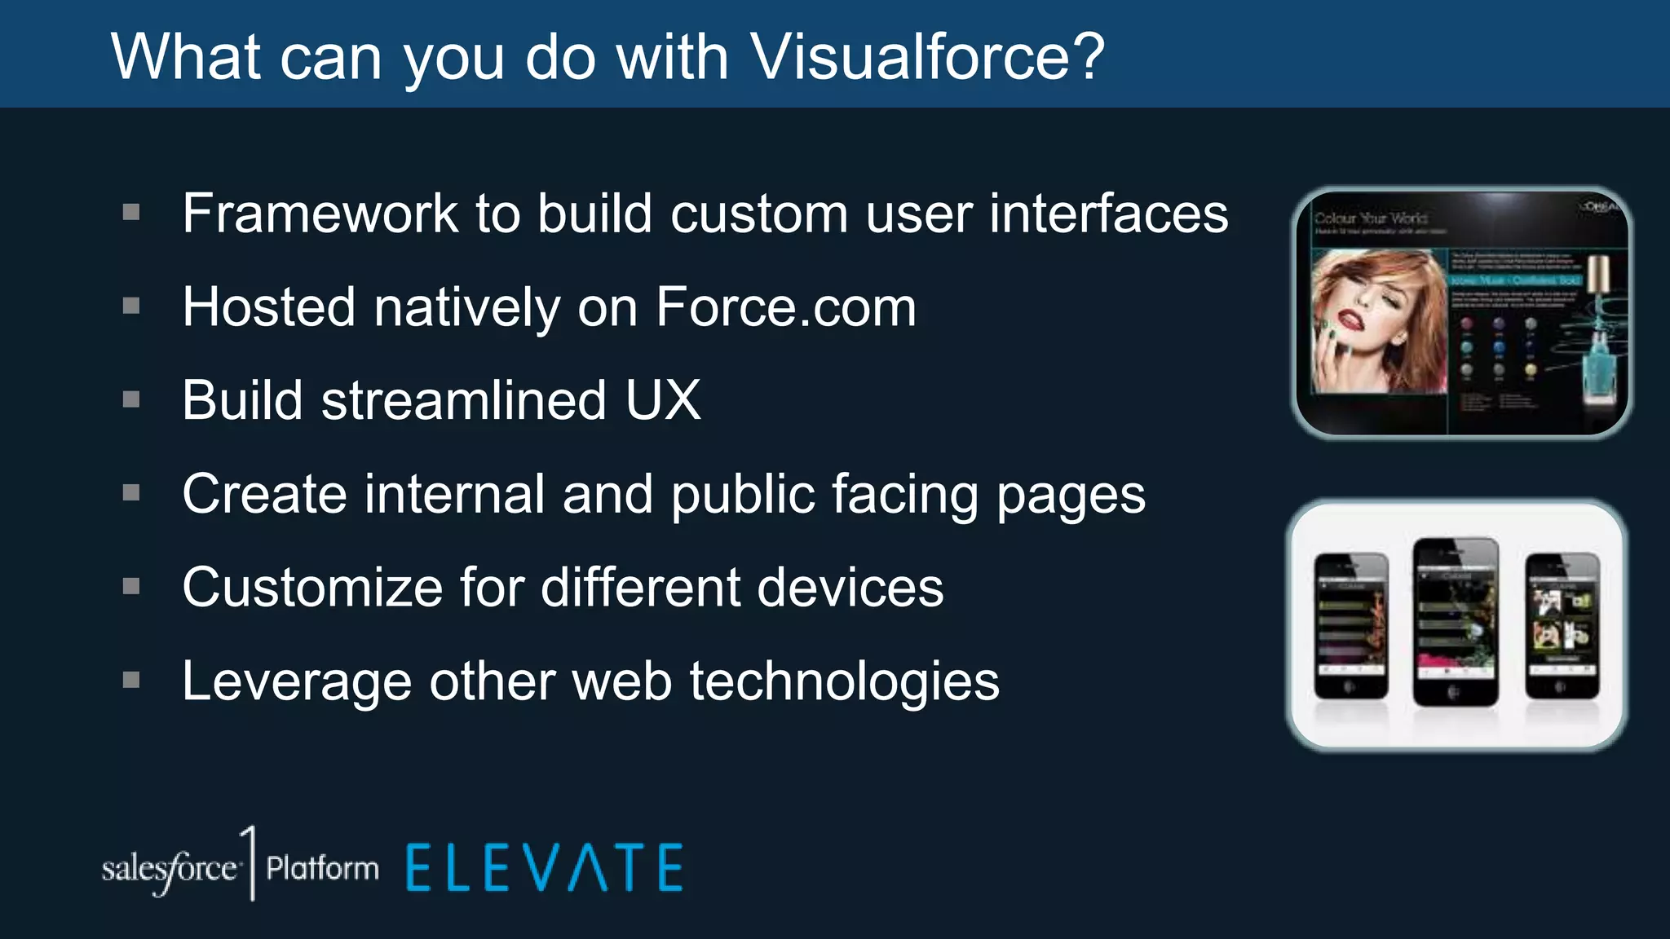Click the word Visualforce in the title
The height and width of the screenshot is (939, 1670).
click(926, 57)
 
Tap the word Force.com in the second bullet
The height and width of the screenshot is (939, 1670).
click(786, 308)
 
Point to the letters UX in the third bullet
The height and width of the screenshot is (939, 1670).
click(663, 401)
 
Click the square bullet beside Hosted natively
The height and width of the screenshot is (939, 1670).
click(131, 306)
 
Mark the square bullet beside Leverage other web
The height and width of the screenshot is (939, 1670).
click(131, 680)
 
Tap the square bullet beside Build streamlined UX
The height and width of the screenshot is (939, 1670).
click(131, 399)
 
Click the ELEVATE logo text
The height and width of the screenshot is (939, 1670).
click(544, 868)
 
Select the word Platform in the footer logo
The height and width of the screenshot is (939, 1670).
click(323, 869)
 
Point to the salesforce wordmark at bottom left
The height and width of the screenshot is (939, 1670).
click(169, 870)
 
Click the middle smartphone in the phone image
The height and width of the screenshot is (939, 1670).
click(1456, 621)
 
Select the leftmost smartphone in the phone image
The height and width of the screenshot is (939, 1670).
click(1351, 626)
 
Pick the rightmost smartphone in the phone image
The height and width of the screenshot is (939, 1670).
click(1562, 626)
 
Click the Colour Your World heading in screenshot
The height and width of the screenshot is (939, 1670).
click(1371, 218)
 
